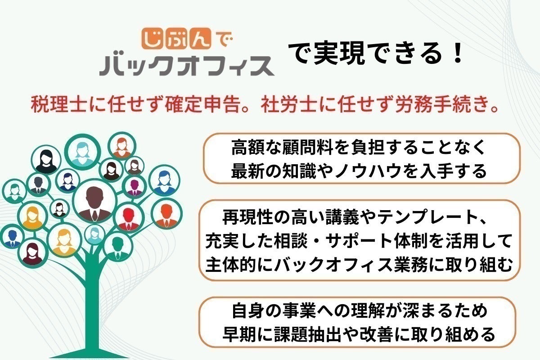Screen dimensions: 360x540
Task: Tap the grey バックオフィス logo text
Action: [187, 65]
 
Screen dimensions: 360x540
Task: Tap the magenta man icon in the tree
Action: [134, 187]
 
